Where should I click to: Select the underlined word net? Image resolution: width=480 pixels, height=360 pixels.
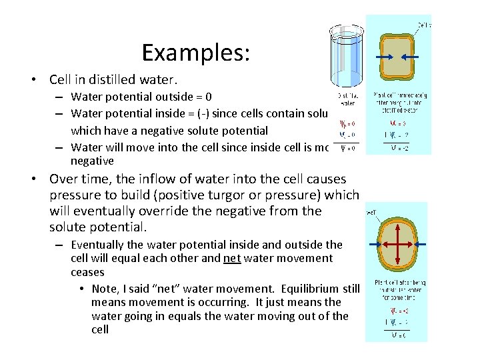[233, 258]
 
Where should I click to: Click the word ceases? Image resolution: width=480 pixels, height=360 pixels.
[88, 272]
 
